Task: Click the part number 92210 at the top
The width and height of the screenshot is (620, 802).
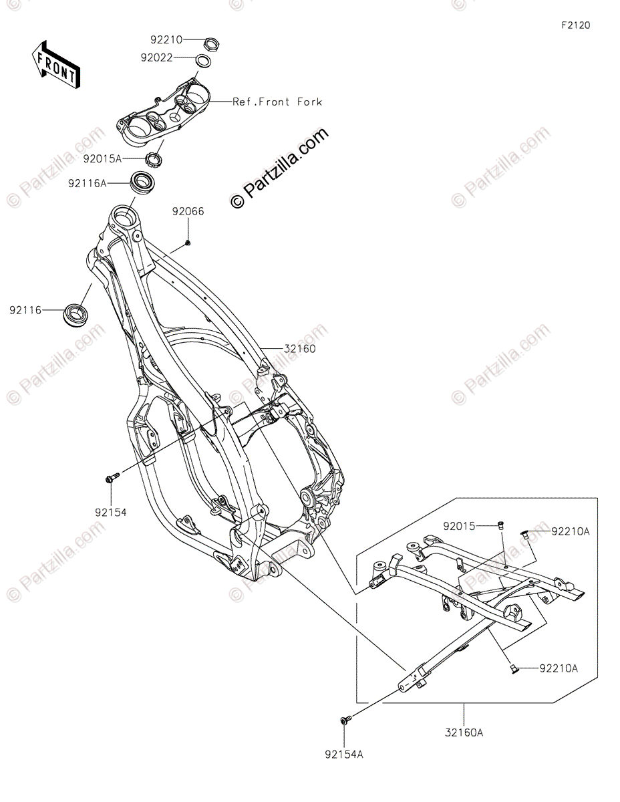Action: (x=166, y=41)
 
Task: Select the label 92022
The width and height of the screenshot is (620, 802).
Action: (x=157, y=58)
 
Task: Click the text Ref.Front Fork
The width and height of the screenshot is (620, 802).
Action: (x=277, y=102)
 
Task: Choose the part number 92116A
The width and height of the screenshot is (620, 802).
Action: (x=87, y=182)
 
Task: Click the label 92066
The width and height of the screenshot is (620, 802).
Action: (x=188, y=212)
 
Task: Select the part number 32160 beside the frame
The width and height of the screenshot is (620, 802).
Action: (x=299, y=349)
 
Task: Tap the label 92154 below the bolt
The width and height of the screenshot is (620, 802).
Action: (x=110, y=512)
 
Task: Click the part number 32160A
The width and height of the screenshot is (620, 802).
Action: (x=464, y=732)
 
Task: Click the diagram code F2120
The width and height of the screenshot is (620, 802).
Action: (x=576, y=25)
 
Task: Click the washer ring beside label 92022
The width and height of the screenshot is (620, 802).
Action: (x=203, y=62)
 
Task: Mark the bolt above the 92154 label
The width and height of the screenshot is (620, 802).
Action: (x=112, y=478)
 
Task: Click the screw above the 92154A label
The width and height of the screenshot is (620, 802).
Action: (x=345, y=720)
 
